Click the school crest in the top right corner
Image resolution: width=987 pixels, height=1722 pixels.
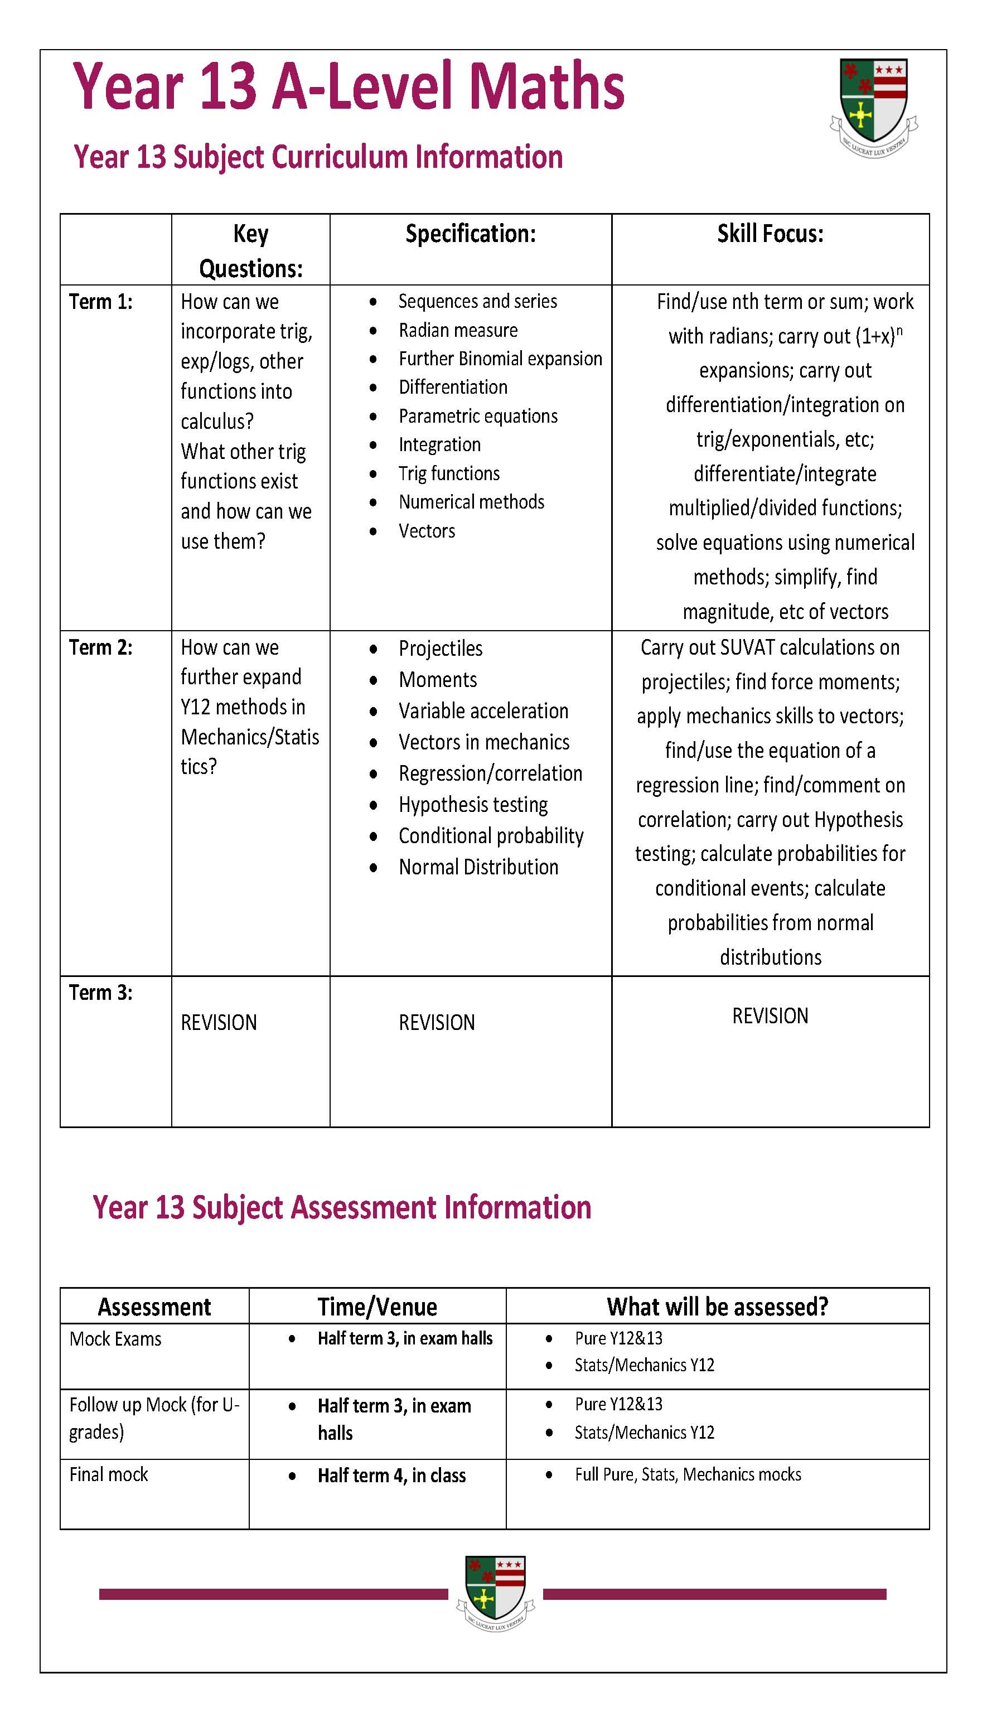873,107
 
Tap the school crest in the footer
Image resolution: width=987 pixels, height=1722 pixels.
496,1593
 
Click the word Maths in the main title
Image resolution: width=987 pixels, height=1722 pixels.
546,87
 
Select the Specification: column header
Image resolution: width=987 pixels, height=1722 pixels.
471,234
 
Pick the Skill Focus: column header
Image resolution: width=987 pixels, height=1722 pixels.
770,234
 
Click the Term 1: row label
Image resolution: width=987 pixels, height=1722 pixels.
101,302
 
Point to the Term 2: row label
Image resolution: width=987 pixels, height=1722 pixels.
101,647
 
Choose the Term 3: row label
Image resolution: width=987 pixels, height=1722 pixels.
101,992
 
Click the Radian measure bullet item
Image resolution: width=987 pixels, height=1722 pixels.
458,330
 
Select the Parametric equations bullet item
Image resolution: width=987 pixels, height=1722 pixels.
478,416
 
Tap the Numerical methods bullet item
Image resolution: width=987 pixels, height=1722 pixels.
471,502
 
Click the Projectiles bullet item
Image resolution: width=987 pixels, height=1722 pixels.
441,649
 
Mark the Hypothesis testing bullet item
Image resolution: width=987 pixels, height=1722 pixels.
473,805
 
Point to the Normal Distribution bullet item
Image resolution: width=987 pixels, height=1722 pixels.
478,867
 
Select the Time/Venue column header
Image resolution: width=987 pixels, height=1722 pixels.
378,1307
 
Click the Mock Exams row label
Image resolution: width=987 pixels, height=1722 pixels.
116,1339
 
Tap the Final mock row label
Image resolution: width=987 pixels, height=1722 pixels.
109,1474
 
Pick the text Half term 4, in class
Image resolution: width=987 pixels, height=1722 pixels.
392,1476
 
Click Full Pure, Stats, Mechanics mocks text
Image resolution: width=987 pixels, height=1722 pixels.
688,1474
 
